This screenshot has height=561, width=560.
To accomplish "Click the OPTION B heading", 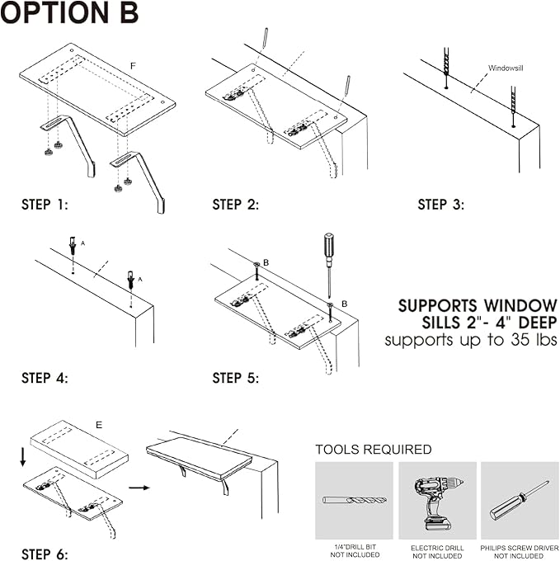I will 70,13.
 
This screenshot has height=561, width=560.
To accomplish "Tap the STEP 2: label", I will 235,205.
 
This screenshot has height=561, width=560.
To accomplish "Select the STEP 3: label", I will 440,205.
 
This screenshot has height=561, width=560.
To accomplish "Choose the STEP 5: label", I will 235,379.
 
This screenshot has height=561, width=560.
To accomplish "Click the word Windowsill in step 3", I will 506,68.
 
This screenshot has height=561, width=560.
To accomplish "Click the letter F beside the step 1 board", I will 133,64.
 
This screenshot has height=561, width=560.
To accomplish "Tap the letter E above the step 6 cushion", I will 99,426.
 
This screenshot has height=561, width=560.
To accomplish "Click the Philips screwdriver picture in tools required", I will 519,501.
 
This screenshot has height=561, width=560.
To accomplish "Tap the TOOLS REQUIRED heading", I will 373,450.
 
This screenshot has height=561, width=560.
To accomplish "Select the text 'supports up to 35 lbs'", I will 471,340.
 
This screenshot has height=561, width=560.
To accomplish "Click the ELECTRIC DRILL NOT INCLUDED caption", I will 437,552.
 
